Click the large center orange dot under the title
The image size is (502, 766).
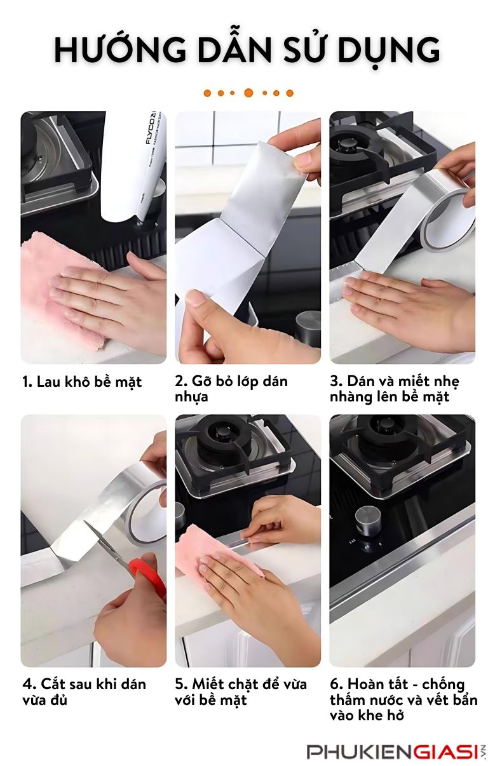pyautogui.click(x=248, y=93)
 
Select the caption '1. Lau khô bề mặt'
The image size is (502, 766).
pyautogui.click(x=82, y=382)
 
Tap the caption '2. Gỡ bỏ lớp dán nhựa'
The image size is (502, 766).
pyautogui.click(x=231, y=389)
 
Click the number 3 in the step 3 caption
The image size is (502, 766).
pyautogui.click(x=334, y=381)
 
